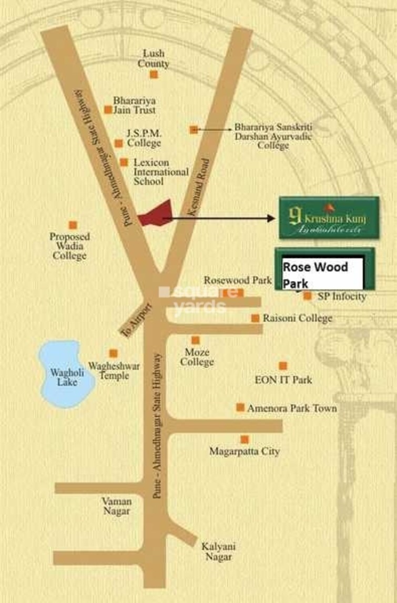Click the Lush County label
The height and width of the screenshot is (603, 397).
pos(153,58)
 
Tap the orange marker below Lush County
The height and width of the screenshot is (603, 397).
pos(154,75)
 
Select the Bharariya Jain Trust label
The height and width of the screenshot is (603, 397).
pos(135,105)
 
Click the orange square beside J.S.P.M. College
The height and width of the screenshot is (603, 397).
pos(119,144)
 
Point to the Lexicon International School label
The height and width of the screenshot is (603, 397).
pos(160,172)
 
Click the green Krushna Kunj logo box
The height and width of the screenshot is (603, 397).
pos(329,217)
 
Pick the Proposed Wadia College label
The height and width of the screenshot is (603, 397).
pos(69,246)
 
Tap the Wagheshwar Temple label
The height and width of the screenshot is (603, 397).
pos(115,371)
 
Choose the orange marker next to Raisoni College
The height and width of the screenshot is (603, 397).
pos(255,318)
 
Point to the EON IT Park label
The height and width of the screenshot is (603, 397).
pos(283,379)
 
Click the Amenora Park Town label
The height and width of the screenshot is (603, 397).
pos(292,408)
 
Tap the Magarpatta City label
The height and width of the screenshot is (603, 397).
pos(245,451)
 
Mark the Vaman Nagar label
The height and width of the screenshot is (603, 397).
pos(116,506)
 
